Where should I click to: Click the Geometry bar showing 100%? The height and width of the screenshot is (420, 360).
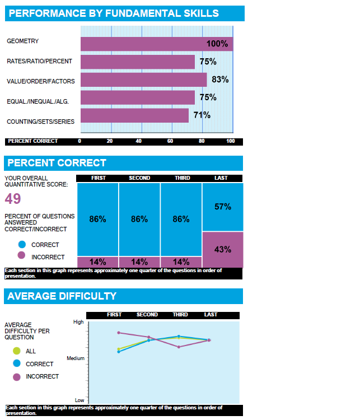[x=156, y=44]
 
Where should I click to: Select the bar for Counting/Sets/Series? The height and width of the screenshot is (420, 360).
[x=134, y=116]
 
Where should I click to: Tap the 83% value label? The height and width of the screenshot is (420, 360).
[x=220, y=80]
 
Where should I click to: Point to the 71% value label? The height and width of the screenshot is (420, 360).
[x=202, y=115]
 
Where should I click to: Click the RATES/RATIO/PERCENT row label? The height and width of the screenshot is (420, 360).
[x=39, y=61]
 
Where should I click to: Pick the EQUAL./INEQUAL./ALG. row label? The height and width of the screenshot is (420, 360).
[x=39, y=101]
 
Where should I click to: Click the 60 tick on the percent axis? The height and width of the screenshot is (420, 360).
[x=170, y=141]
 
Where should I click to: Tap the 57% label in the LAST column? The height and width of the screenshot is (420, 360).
[x=223, y=207]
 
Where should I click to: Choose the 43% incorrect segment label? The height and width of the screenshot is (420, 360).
[x=223, y=249]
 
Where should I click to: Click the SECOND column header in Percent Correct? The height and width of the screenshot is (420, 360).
[x=139, y=178]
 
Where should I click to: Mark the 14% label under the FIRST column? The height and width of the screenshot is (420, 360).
[x=97, y=262]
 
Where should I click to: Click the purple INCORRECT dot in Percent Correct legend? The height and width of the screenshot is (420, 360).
[x=22, y=255]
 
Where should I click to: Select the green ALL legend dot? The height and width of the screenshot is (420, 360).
[x=16, y=351]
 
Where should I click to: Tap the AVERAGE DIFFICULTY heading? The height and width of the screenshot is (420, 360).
[x=62, y=296]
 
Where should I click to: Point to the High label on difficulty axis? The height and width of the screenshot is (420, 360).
[x=78, y=322]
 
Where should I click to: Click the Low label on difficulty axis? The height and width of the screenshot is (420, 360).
[x=80, y=400]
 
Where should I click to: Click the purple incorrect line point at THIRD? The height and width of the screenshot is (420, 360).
[x=179, y=347]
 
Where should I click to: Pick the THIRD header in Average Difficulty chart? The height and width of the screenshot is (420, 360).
[x=180, y=315]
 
